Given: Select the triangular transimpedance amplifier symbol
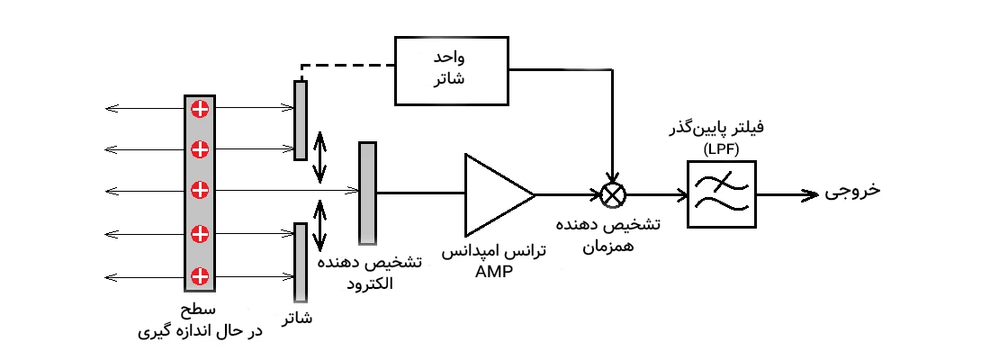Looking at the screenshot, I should coord(494,193).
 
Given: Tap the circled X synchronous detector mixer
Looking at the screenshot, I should coord(613,193).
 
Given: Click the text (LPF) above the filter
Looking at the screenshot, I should coord(721,148).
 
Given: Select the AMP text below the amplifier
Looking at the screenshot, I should coord(492,272).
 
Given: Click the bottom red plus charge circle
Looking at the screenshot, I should coord(200,274).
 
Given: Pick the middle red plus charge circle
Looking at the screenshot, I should coord(200,189).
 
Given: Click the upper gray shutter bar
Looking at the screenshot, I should coord(301,120).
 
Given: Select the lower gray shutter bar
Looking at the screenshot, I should coord(301,262).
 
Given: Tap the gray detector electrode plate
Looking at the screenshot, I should coord(366,193).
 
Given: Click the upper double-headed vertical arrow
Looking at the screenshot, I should coord(319,158).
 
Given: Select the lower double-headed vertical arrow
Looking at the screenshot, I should coord(319,226).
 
